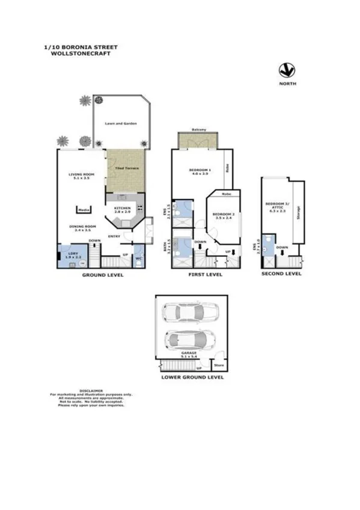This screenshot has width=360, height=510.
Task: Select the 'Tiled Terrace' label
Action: click(127, 168)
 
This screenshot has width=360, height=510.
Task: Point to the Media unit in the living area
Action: click(83, 209)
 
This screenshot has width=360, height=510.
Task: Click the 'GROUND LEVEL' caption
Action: click(103, 275)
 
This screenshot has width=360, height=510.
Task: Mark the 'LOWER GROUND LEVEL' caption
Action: click(192, 378)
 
